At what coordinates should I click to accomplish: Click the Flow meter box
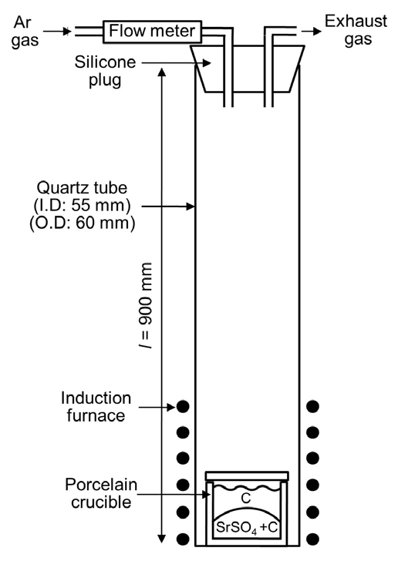152,31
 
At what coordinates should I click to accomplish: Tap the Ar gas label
24,31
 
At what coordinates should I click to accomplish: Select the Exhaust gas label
356,30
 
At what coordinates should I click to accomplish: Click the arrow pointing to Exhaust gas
312,32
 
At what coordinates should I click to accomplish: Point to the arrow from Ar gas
58,32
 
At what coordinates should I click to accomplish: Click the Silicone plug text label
105,71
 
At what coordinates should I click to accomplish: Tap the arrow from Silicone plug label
176,63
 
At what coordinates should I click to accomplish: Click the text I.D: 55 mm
82,205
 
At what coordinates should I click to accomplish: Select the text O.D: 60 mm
82,223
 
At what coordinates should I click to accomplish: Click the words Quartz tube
82,188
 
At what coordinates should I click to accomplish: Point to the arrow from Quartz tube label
168,206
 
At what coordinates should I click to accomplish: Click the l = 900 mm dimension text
146,306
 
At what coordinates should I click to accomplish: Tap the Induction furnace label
96,407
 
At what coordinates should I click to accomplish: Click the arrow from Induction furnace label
157,407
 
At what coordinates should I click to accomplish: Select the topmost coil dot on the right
312,406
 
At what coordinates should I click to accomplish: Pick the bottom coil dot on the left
183,539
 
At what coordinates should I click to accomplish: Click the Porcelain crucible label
101,493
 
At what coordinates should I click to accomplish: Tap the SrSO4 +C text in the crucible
247,527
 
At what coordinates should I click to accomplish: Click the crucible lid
247,476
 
